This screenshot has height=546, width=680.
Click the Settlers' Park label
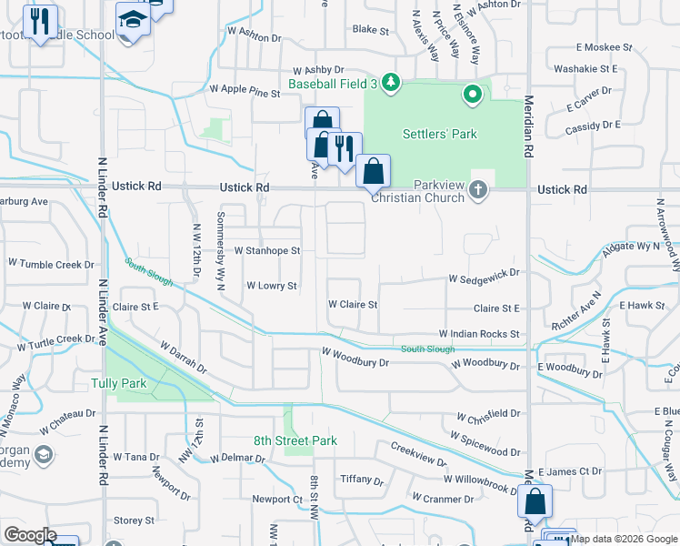440,135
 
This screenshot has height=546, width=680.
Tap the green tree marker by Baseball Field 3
391,83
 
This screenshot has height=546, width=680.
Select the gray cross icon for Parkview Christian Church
478,190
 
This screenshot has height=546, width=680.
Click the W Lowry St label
272,286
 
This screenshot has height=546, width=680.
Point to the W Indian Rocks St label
479,335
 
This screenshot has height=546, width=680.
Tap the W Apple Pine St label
245,91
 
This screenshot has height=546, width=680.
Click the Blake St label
370,30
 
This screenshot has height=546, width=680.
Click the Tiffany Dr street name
361,480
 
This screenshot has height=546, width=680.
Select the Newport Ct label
276,500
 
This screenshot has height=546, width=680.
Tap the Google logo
30,535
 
